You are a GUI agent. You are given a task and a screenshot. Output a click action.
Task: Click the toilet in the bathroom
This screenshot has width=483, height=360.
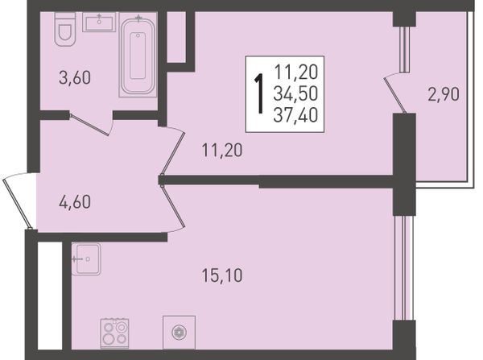pyautogui.click(x=65, y=29)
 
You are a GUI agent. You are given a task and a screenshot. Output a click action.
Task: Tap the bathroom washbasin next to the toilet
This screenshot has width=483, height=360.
pyautogui.click(x=99, y=23)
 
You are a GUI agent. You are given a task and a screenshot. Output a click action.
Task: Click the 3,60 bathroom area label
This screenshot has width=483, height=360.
pyautogui.click(x=75, y=77)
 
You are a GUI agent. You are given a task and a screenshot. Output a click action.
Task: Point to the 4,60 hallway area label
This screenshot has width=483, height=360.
pyautogui.click(x=75, y=202)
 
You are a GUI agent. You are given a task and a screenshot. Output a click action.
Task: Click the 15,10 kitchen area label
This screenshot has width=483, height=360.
pyautogui.click(x=222, y=275)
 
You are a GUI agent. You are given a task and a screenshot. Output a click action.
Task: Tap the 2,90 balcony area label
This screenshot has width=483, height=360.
pyautogui.click(x=444, y=94)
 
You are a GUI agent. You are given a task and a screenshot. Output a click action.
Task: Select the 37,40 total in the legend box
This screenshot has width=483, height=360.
pyautogui.click(x=295, y=116)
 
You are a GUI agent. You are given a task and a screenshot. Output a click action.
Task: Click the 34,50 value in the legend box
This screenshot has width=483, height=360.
pyautogui.click(x=295, y=93)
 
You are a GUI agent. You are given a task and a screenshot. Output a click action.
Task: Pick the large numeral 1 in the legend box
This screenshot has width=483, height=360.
pyautogui.click(x=260, y=93)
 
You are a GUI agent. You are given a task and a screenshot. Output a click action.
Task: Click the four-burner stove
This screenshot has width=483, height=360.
pyautogui.click(x=114, y=333)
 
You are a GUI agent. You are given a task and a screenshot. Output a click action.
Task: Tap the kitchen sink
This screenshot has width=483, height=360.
pyautogui.click(x=86, y=259)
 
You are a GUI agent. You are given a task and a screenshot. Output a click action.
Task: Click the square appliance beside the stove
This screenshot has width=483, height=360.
pyautogui.click(x=179, y=333)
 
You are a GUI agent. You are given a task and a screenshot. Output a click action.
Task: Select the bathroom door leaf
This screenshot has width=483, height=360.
pyautogui.click(x=89, y=125)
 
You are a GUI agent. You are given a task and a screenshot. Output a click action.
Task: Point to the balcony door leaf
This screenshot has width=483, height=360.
pyautogui.click(x=395, y=95)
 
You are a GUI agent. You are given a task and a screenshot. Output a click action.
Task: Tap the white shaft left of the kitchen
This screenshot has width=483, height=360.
pyautogui.click(x=50, y=296)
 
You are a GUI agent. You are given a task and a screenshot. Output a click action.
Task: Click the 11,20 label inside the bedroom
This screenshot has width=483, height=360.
pyautogui.click(x=222, y=151)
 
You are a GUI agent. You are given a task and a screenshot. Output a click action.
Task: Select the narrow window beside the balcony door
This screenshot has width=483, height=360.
pyautogui.click(x=404, y=50)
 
